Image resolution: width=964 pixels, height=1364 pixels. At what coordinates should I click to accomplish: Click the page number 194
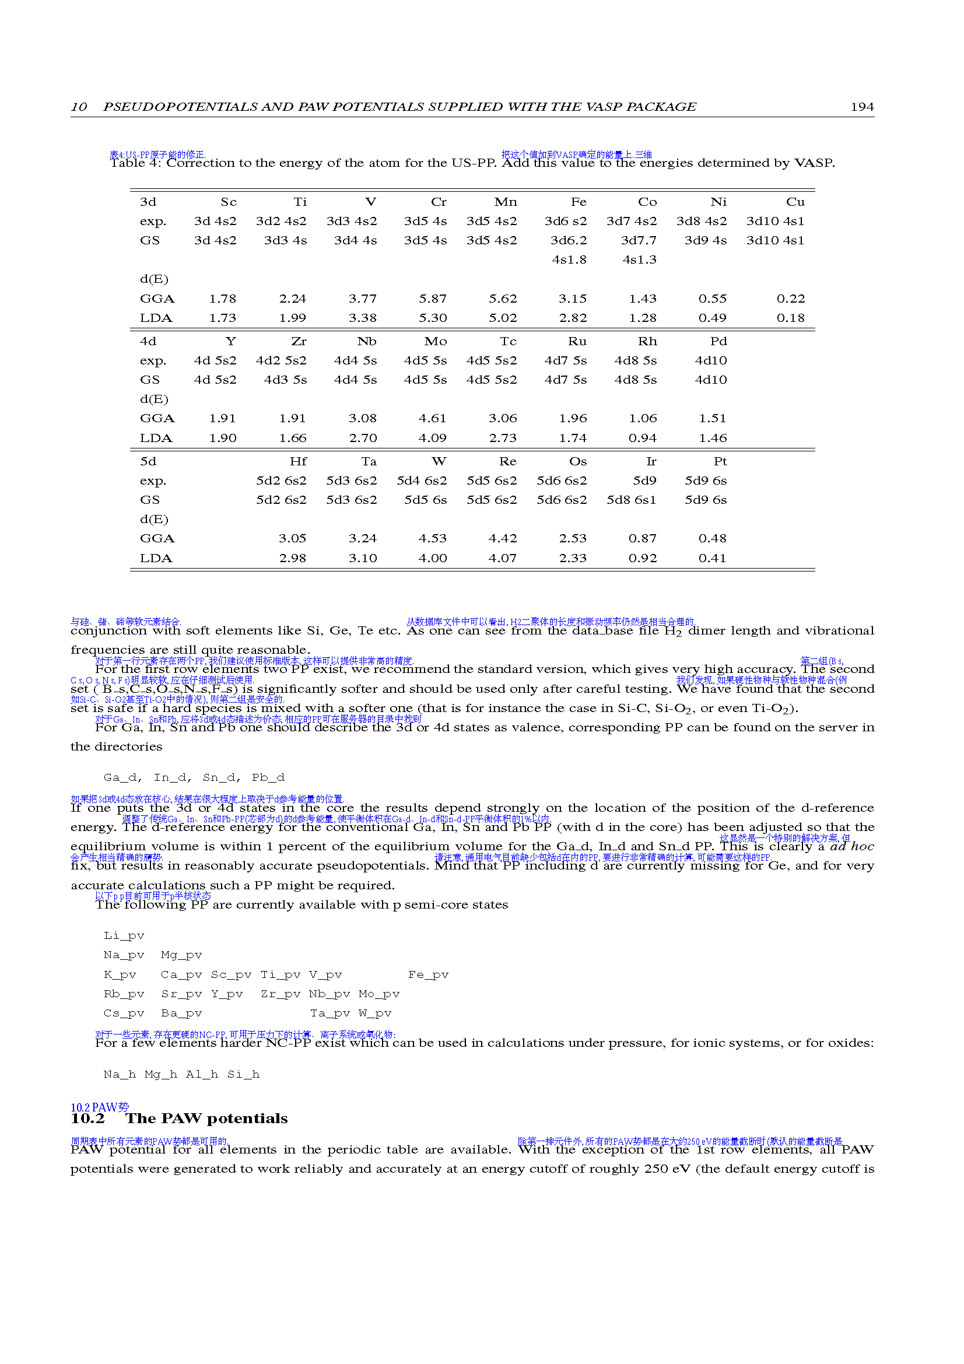(862, 107)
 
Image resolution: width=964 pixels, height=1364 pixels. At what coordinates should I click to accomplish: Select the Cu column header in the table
(795, 202)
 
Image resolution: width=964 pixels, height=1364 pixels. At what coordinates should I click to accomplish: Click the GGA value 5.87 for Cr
(432, 299)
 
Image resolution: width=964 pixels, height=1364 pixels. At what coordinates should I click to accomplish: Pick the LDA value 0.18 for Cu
(791, 318)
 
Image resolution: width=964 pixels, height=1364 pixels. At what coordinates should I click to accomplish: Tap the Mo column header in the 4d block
(436, 342)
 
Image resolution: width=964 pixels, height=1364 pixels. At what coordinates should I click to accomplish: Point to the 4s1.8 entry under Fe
(569, 260)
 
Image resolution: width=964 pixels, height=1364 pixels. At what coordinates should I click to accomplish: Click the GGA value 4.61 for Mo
(432, 419)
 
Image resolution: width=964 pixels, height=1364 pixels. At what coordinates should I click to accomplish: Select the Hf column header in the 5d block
(298, 462)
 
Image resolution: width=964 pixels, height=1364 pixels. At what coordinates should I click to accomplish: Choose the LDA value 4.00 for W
(432, 559)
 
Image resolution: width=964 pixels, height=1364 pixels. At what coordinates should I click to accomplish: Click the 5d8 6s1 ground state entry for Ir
(632, 500)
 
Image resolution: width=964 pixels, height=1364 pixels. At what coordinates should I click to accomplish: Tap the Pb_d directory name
(268, 778)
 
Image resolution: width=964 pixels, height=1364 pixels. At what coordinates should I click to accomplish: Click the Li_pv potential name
(124, 935)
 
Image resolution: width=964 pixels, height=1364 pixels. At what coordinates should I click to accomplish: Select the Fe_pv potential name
(428, 975)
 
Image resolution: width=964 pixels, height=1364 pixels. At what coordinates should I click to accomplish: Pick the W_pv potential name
(375, 1014)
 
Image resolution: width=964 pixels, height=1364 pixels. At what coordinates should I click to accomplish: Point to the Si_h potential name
(244, 1075)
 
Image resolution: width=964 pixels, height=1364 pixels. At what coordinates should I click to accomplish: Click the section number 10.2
(87, 1118)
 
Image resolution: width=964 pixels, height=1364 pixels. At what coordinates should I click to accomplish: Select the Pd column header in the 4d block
(718, 342)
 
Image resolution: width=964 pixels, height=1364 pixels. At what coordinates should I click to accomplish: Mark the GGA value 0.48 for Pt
(712, 539)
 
